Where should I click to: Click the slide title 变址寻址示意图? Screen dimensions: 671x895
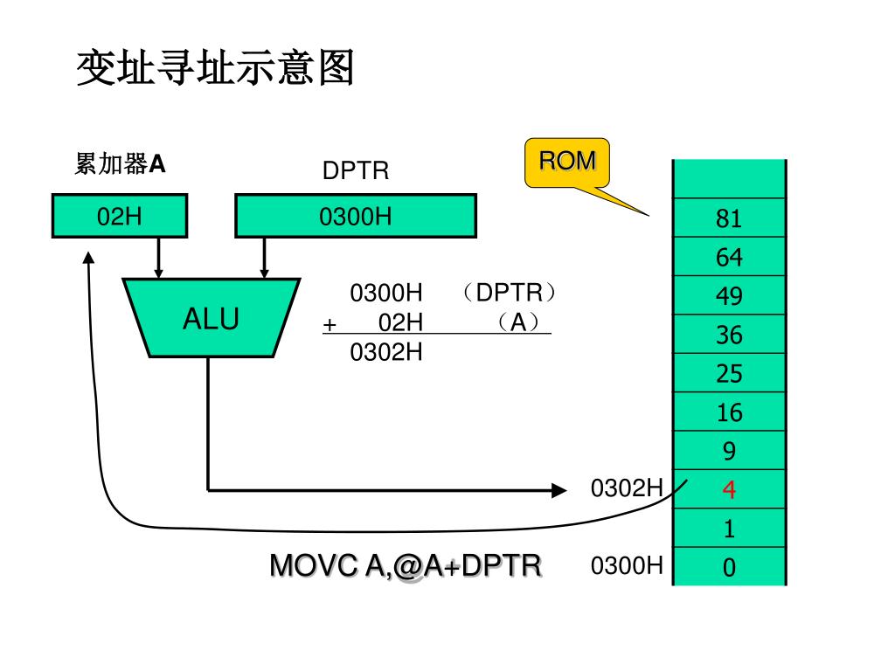[215, 68]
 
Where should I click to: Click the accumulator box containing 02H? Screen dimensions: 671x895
[120, 216]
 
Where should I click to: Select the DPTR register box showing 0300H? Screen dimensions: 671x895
[356, 216]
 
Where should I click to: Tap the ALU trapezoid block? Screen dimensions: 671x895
[211, 318]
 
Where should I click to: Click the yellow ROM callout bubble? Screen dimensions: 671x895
[566, 162]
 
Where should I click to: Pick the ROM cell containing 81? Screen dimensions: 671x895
[729, 218]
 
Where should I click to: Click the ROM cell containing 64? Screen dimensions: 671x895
[729, 258]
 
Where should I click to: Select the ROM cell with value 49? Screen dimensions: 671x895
[729, 296]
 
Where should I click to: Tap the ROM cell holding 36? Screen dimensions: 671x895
[729, 335]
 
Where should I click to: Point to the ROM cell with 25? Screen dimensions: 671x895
[729, 374]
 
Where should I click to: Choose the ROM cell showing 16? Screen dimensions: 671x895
[729, 413]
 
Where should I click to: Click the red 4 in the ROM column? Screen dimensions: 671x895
[729, 490]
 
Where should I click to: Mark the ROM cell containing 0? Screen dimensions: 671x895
[729, 568]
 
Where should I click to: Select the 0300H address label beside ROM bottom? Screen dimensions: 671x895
[627, 566]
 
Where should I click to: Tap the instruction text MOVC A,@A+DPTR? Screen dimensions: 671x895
[406, 566]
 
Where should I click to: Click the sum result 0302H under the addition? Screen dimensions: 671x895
[386, 352]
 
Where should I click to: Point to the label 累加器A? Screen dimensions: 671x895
[120, 164]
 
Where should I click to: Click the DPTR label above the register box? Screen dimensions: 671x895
[356, 170]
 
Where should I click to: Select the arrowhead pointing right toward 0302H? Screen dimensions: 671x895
[559, 490]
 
